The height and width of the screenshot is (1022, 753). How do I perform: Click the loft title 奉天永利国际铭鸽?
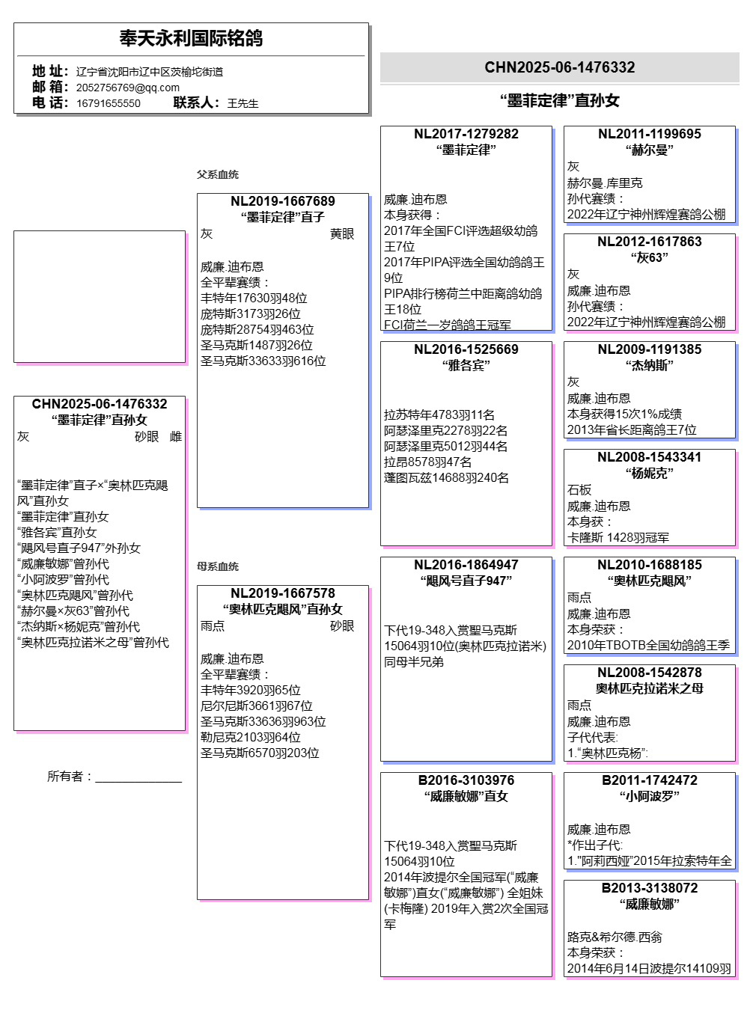coord(191,38)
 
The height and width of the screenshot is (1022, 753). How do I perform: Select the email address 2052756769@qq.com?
coord(127,88)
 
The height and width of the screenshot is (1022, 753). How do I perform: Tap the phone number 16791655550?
coord(108,103)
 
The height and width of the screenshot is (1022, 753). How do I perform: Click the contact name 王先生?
coord(243,103)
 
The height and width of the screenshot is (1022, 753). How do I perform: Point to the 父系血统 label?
coord(218,174)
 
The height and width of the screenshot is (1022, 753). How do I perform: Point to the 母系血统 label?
coord(218,566)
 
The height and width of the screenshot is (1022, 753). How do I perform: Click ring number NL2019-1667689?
coord(282,201)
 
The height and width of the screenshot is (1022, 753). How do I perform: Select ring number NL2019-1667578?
coord(282,593)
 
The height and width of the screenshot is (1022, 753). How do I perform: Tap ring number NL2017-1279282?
coord(466,134)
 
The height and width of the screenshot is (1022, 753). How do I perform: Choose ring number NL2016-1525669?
coord(466,349)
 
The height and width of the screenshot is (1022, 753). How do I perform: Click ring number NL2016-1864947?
coord(466,565)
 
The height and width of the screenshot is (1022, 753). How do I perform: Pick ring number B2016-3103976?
coord(466,780)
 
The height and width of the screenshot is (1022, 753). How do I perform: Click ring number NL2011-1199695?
coord(649,134)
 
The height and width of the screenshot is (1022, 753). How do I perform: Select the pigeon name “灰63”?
coord(649,257)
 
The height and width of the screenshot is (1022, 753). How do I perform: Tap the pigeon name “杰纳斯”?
coord(649,365)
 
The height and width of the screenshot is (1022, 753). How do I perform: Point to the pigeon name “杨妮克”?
coord(649,473)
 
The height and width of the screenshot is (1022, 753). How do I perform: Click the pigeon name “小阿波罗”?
coord(649,796)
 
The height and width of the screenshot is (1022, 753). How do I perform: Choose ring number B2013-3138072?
coord(649,888)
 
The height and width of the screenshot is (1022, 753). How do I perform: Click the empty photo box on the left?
coord(99,296)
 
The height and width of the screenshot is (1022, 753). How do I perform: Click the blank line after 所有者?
coord(138,777)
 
